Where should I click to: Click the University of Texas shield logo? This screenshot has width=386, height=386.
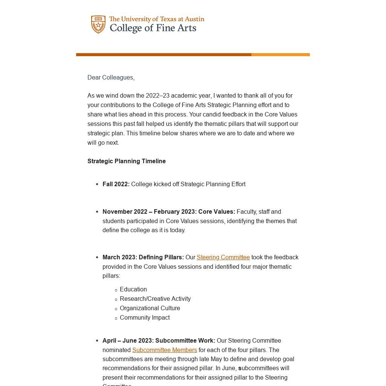[x=98, y=25]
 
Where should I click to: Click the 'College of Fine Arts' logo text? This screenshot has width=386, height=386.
[x=153, y=28]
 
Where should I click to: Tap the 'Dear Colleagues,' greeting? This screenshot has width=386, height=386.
[x=111, y=78]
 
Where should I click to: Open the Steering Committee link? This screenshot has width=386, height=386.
[x=223, y=257]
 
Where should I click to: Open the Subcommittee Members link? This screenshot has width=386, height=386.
[x=164, y=350]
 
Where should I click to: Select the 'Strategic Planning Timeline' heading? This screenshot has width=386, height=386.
[x=127, y=161]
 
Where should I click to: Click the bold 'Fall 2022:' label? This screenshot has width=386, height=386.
[x=116, y=184]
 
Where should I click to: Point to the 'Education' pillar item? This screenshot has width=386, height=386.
[x=133, y=289]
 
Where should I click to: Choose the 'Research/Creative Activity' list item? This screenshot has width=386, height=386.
[x=155, y=299]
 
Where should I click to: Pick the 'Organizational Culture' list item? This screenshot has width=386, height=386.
[x=150, y=308]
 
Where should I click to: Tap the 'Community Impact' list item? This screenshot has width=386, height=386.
[x=145, y=318]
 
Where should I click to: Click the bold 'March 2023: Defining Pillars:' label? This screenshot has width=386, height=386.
[x=143, y=257]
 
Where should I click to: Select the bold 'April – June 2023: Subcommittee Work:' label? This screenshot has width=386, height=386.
[x=159, y=341]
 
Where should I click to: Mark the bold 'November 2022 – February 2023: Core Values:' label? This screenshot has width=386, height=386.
[x=168, y=212]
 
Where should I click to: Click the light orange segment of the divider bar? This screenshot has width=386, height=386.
[x=280, y=55]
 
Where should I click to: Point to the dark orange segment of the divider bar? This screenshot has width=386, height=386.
[x=164, y=55]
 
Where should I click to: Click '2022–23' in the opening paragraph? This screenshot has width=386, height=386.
[x=158, y=96]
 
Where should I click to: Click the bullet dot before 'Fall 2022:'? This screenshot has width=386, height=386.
[x=97, y=184]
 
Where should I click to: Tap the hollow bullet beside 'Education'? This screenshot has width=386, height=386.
[x=116, y=290]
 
